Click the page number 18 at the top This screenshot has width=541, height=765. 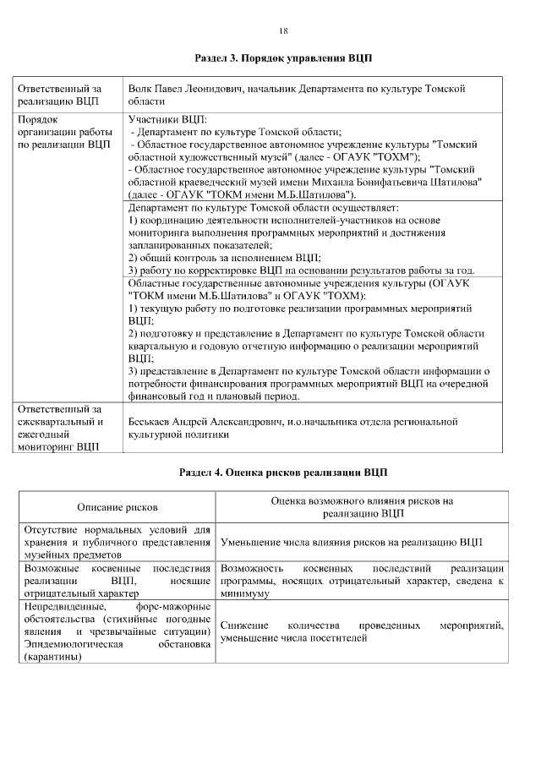coord(283,31)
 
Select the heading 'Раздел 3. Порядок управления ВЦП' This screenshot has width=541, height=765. coord(283,59)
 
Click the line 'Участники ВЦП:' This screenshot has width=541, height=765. coord(161,119)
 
